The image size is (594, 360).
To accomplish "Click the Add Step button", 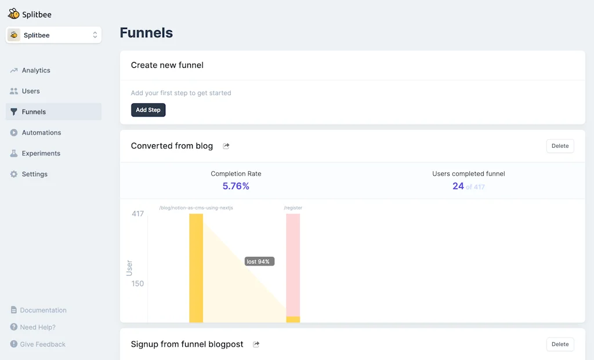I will (148, 110).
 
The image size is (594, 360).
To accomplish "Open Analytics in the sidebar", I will (36, 70).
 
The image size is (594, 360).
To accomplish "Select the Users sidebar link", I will (31, 91).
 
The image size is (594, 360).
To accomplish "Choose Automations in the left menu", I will (41, 133).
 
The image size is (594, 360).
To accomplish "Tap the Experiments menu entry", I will (41, 154).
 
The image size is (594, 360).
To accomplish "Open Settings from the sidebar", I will (34, 174).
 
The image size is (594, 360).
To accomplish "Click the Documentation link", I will (43, 310).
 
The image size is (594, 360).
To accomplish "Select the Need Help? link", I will (38, 327).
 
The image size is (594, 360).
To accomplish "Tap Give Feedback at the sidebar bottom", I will (42, 344).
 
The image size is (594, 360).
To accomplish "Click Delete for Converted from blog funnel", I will (560, 146).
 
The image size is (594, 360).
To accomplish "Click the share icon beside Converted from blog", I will (226, 146).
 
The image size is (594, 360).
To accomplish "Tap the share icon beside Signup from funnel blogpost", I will (256, 344).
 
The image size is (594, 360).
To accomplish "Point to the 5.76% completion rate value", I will (236, 186).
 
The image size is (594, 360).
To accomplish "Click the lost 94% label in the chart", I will (258, 261).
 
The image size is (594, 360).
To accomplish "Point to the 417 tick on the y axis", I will (137, 214).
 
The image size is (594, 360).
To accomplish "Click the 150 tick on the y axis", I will (137, 283).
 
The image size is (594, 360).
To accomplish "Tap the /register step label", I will (293, 208).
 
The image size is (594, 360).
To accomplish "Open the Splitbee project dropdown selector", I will (54, 35).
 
